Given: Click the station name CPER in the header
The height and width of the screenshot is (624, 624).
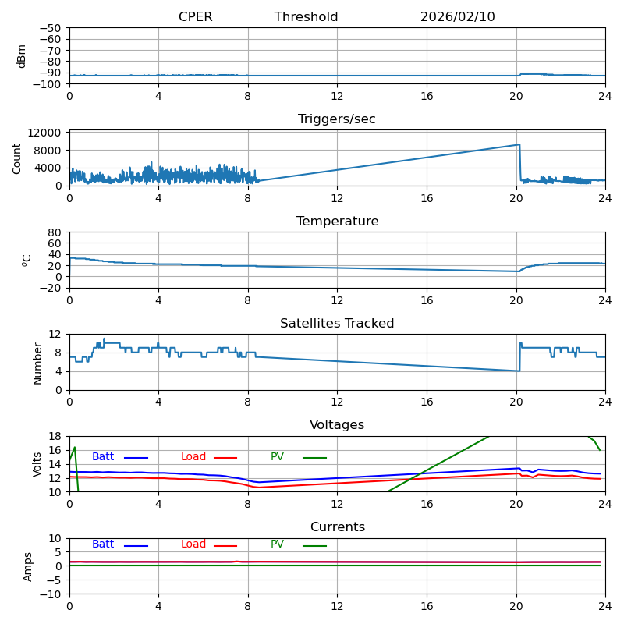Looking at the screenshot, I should coord(195,17).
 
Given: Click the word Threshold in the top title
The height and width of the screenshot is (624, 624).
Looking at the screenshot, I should coord(306,17).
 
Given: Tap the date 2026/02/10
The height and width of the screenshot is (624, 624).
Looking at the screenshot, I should coord(457,17).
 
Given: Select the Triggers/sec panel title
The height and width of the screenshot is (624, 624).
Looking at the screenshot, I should coord(337,119).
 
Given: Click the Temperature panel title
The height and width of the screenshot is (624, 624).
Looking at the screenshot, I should coord(337,222).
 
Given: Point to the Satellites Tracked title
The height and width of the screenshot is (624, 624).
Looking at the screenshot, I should coord(337,324).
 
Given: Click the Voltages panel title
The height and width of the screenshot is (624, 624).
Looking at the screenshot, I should coord(337,425).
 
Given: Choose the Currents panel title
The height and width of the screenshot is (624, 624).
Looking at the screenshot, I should coord(337,527).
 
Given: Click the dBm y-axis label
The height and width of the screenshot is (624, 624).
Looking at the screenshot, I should coord(22,56).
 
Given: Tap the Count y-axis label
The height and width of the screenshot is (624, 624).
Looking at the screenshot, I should coord(17,158).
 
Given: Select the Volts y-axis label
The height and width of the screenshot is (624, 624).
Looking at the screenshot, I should coord(37,464).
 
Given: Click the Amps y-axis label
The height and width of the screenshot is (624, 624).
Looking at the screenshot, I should coord(28,566).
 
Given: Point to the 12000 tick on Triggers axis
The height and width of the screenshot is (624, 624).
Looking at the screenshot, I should coord(47,133).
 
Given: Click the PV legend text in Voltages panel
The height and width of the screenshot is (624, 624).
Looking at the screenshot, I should coord(278,457).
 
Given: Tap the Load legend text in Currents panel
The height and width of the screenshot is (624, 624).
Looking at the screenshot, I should coord(193,544).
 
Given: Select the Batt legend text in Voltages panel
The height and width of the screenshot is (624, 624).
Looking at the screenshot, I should coord(103,457).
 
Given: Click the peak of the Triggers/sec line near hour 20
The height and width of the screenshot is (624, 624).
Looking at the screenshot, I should coord(519,144).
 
